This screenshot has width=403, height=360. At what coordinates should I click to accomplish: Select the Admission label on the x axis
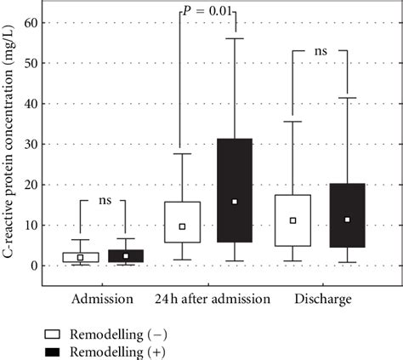(102, 299)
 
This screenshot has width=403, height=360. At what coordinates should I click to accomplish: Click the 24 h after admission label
(212, 299)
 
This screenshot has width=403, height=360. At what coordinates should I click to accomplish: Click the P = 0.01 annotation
(207, 11)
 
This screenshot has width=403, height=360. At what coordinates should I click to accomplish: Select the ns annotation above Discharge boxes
(321, 51)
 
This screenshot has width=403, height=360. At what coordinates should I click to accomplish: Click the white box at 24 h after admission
(183, 222)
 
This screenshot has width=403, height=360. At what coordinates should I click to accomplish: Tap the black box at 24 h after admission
(235, 191)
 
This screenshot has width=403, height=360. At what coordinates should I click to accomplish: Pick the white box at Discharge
(292, 220)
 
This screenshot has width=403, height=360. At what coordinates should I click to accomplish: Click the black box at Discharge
(347, 215)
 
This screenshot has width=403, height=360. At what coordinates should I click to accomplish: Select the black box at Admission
(126, 256)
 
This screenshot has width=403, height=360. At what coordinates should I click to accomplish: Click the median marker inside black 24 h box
(235, 202)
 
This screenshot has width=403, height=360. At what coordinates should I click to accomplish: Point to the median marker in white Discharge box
(292, 220)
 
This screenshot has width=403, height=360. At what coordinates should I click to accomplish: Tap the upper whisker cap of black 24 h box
(235, 38)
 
